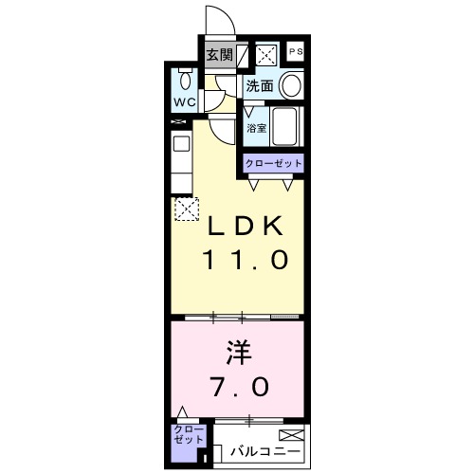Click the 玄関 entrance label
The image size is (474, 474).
(x=220, y=55)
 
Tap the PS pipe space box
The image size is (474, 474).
(x=296, y=51)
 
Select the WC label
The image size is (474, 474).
(x=185, y=102)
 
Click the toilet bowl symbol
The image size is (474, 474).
(x=185, y=81)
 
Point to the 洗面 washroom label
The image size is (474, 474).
(x=260, y=85)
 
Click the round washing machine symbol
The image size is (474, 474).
(x=291, y=85)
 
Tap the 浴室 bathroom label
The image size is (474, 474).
(x=256, y=128)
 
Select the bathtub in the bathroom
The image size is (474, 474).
(x=285, y=126)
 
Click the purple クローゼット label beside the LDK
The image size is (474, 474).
(x=274, y=164)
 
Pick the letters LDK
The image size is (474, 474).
(x=245, y=226)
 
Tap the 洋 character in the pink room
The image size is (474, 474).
(x=239, y=353)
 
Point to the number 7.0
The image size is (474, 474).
(x=241, y=386)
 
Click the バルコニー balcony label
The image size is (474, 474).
(x=264, y=451)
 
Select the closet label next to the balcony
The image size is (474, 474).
(x=189, y=435)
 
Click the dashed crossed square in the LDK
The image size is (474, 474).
(x=187, y=209)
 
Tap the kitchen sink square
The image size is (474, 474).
(x=182, y=144)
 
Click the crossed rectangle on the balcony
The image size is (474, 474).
(x=291, y=435)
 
